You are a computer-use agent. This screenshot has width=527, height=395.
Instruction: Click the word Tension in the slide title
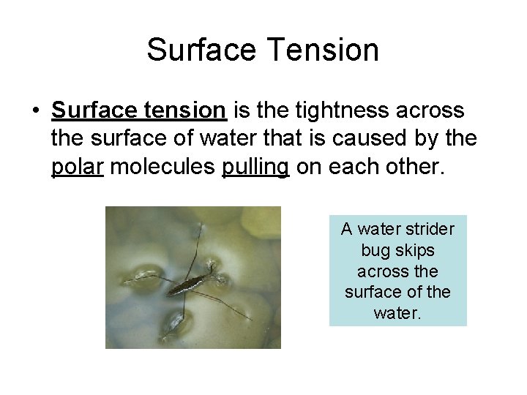324,50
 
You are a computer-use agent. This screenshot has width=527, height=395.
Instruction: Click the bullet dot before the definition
36,111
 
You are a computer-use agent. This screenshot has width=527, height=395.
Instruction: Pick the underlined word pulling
255,167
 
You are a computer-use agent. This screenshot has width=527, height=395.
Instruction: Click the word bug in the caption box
374,250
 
